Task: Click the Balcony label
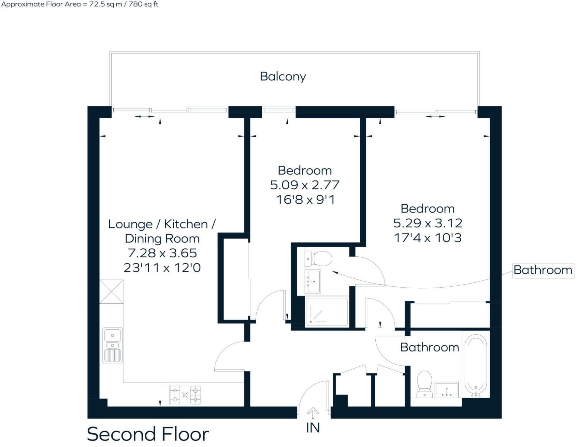(x=283, y=77)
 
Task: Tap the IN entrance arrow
(x=313, y=413)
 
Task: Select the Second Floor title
(x=148, y=434)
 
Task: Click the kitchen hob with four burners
(x=185, y=395)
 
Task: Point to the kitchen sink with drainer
(x=112, y=345)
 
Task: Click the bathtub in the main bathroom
(x=476, y=366)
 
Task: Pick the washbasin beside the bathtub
(x=447, y=390)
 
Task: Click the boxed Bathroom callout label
(x=543, y=270)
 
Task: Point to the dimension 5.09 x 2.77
(x=305, y=185)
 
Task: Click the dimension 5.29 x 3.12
(x=427, y=223)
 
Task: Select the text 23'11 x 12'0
(x=162, y=268)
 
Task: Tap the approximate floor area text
(x=80, y=5)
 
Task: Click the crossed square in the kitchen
(x=111, y=292)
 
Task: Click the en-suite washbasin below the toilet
(x=313, y=281)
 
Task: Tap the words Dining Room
(x=162, y=239)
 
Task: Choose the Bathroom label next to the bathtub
(x=429, y=347)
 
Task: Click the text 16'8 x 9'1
(x=305, y=200)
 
